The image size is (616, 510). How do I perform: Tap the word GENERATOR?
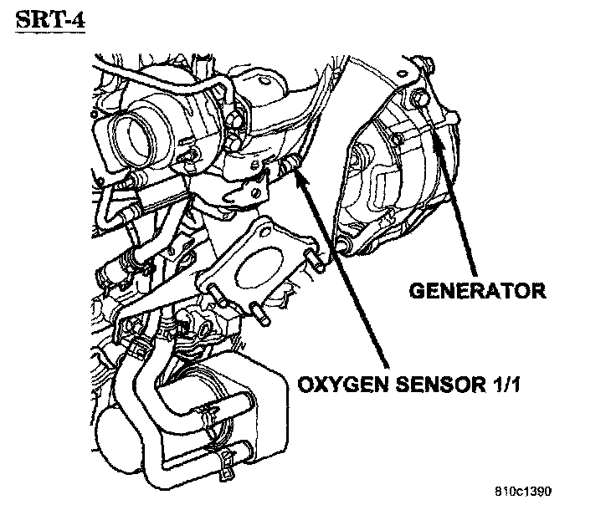pos(477,291)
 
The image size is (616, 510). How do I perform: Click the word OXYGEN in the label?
pos(331,386)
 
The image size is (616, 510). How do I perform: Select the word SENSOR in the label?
pos(423,386)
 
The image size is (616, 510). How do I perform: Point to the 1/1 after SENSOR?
pos(492,386)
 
